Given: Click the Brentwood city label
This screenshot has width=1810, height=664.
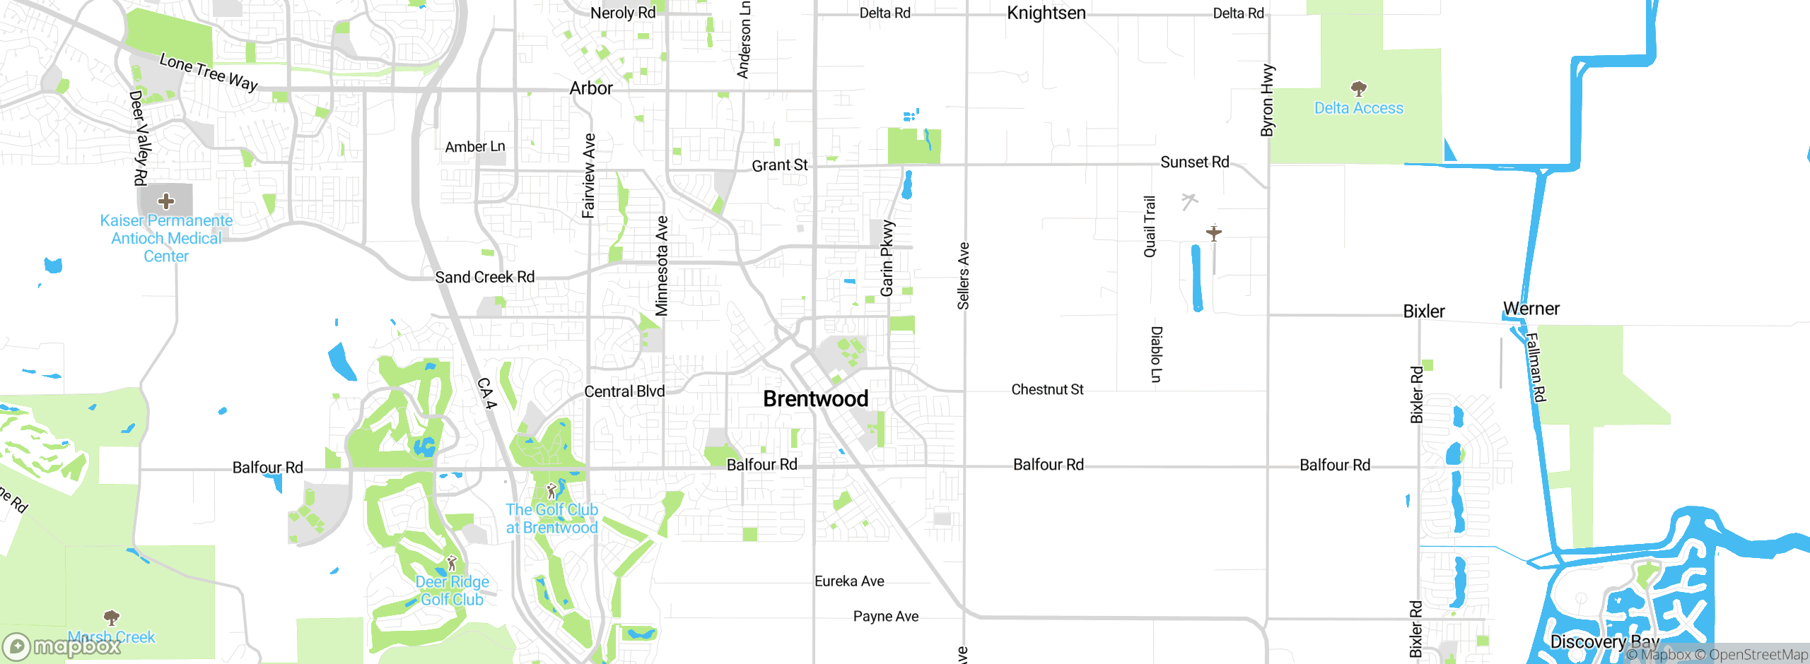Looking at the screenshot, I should point(816,399).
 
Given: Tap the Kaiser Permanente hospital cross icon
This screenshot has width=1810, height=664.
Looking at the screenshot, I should point(166,201).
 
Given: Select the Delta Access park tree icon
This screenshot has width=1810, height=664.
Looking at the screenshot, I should point(1358,89).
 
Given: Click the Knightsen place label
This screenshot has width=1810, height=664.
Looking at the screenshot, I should point(1046,13).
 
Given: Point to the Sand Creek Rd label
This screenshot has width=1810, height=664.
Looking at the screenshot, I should point(484,277).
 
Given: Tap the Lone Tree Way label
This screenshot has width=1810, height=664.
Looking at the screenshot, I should point(209,72).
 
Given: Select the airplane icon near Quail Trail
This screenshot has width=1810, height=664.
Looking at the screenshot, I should point(1214,232).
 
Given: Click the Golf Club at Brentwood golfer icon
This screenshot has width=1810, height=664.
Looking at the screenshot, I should point(551,491).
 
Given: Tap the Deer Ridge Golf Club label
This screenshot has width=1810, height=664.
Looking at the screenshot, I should point(452,591).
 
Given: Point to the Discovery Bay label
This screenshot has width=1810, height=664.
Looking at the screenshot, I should point(1604,641).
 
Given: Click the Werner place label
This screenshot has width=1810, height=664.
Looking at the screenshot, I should point(1531,309).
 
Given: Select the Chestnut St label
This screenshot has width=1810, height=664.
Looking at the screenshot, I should point(1047,389).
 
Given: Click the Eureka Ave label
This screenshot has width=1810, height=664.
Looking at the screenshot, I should point(849,581).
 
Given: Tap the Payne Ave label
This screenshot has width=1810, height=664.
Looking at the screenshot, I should point(885,616).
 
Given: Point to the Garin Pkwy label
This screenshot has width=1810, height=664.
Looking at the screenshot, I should point(887,258).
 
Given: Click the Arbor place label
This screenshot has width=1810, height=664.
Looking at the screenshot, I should point(591,88).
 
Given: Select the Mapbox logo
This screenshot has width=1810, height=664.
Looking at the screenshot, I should point(62,646).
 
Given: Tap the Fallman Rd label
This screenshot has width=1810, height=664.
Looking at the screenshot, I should point(1535,367).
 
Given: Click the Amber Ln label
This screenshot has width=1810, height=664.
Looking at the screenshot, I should point(475,146).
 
